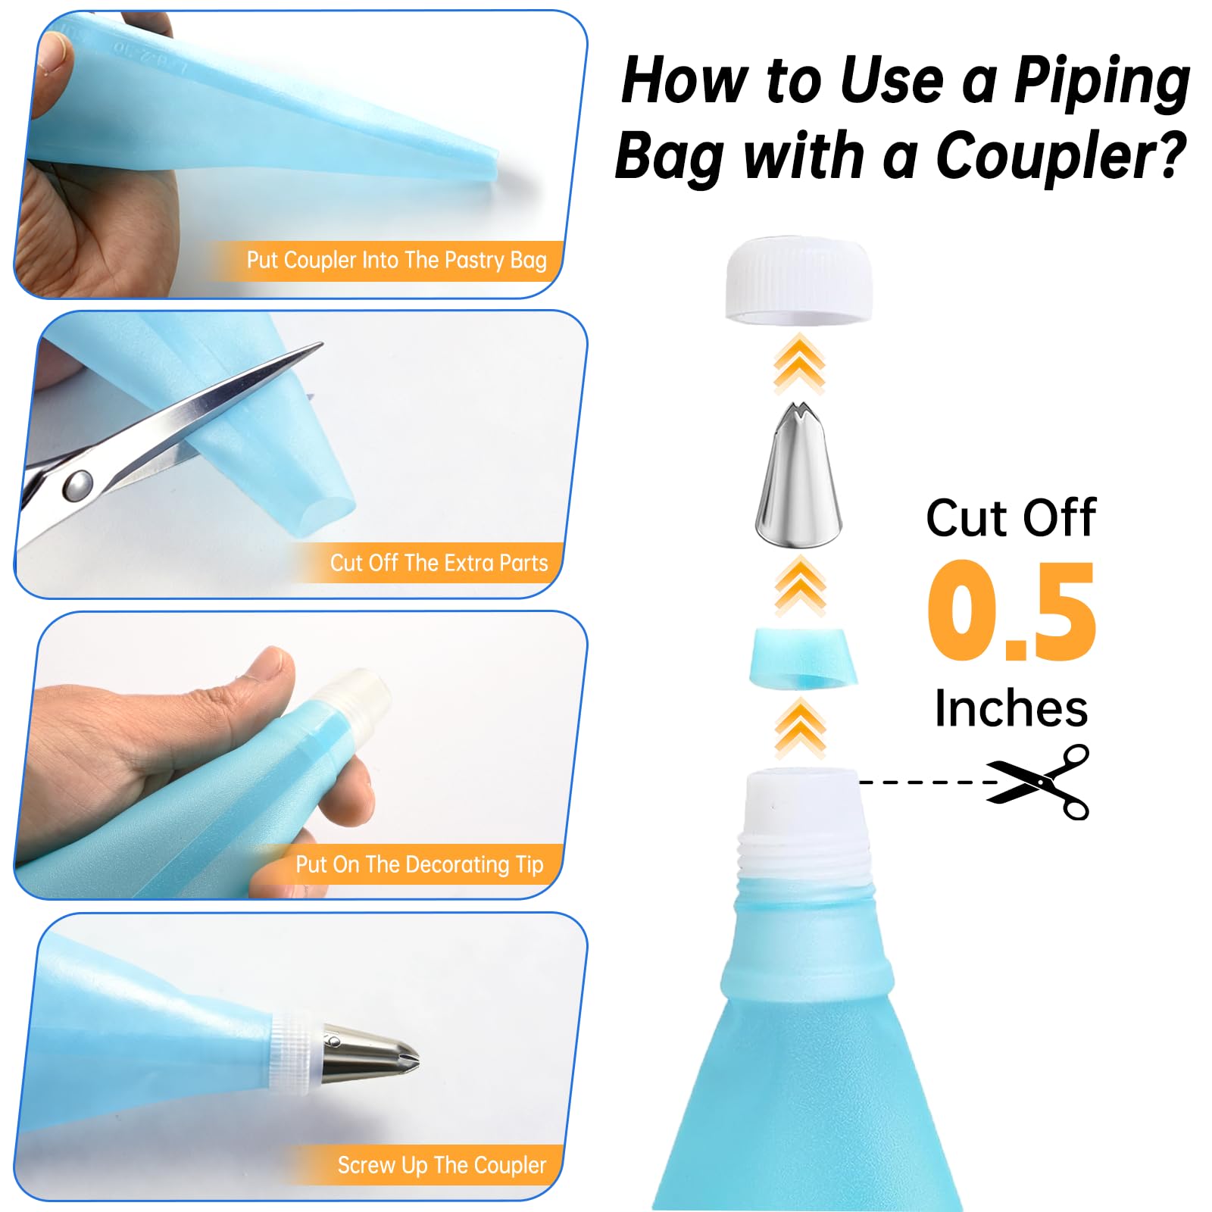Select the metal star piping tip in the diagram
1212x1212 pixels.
click(x=798, y=475)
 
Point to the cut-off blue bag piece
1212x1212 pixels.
click(x=803, y=658)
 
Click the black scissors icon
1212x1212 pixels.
click(x=1039, y=782)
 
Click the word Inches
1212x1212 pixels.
click(x=1011, y=709)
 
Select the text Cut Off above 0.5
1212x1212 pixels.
click(x=1011, y=518)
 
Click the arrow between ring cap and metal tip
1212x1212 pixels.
click(x=799, y=364)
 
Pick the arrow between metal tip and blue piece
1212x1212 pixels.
click(x=800, y=585)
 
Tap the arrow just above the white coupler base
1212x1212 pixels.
click(x=800, y=729)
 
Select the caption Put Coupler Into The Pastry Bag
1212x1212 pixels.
click(x=396, y=261)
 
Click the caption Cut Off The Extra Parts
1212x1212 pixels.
click(x=439, y=563)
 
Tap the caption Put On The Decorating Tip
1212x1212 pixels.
click(x=420, y=864)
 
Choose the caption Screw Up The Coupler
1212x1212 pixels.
click(x=442, y=1165)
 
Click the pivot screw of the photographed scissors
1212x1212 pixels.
click(x=77, y=486)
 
